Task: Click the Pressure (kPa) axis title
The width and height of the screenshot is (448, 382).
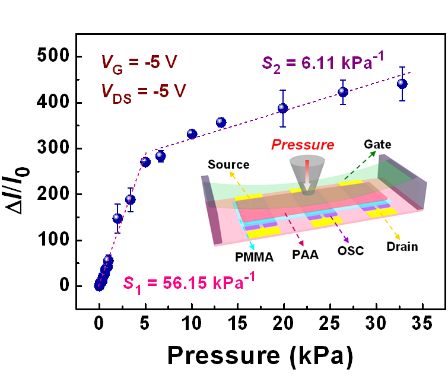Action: (260, 355)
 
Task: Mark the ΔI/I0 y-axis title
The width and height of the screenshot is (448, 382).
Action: (22, 172)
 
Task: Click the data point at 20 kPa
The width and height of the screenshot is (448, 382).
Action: (282, 108)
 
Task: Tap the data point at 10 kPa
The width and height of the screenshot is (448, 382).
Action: (192, 134)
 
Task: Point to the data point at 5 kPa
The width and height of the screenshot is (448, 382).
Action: (145, 162)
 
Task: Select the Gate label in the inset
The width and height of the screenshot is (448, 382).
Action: (377, 144)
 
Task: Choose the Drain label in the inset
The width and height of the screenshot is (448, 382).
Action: (402, 245)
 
